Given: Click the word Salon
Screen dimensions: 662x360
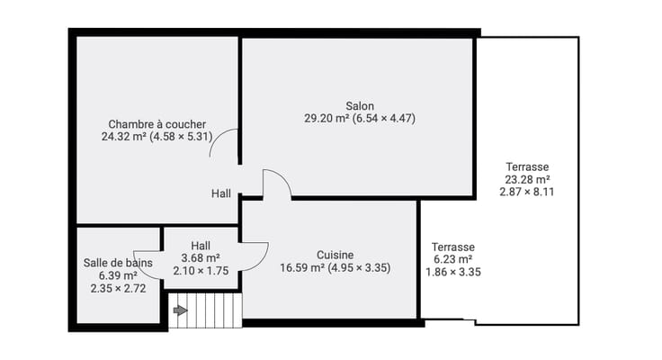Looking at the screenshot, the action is coord(360,105).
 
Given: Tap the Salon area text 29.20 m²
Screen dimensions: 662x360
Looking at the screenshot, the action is coord(327,118).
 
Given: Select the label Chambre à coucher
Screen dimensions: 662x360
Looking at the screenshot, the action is coord(157,124).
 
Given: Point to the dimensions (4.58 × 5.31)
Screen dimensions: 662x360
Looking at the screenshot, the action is coord(181,137).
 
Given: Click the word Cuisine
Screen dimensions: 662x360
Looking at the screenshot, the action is coord(335,255).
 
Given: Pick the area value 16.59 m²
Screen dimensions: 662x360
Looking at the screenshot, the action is coord(302,268).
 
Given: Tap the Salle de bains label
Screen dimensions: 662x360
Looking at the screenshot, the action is coord(118,263).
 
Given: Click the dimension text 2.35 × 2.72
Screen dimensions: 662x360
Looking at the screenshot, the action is coord(118,289).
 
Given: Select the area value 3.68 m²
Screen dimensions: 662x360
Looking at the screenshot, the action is coord(201,257).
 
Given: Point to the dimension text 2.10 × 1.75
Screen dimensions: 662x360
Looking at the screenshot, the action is coord(201,271).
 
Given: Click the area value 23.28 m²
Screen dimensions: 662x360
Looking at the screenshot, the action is coord(527,179).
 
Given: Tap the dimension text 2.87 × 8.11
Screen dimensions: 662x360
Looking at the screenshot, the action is coord(527,192).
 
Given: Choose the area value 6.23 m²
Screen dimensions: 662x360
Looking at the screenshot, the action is coord(453,259).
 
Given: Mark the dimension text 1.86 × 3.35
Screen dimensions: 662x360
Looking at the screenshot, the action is coord(453,272).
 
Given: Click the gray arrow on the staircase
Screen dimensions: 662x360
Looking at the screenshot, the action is coord(180,310).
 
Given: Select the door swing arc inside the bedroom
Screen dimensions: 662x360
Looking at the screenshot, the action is coord(218,138).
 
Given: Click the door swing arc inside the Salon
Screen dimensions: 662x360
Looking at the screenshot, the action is coord(282,177).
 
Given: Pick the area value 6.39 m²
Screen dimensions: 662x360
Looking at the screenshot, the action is coord(118,275).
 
